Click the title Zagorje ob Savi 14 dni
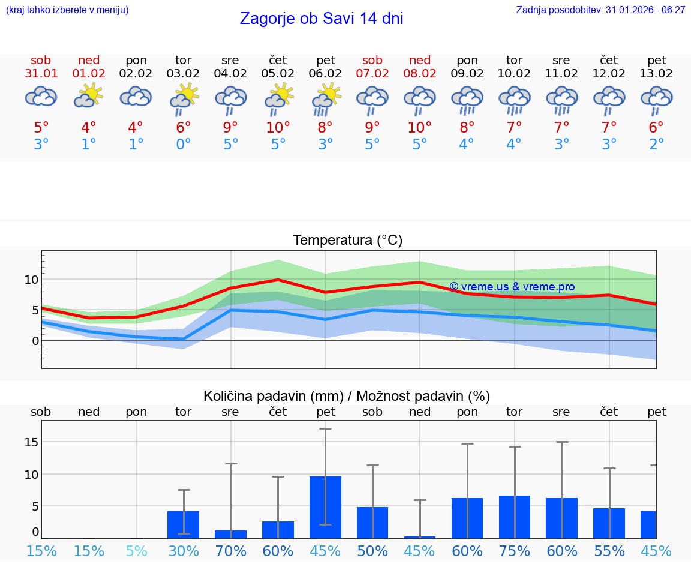point(322,19)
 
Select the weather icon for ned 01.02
point(89,95)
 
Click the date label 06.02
point(325,73)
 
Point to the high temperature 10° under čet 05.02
point(278,127)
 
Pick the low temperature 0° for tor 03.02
point(183,145)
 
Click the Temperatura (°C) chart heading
point(347,241)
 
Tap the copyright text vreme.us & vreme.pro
point(512,287)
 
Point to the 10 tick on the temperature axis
point(32,279)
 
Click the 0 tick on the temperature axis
point(35,341)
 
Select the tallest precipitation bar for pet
point(325,507)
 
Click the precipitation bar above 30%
point(183,524)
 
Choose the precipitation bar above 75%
point(515,517)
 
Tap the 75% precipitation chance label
point(515,551)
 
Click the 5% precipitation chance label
point(136,551)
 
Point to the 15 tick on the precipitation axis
point(32,442)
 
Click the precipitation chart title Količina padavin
point(273,396)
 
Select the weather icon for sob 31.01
point(41,96)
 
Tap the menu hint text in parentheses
point(67,10)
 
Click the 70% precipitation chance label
point(230,551)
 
